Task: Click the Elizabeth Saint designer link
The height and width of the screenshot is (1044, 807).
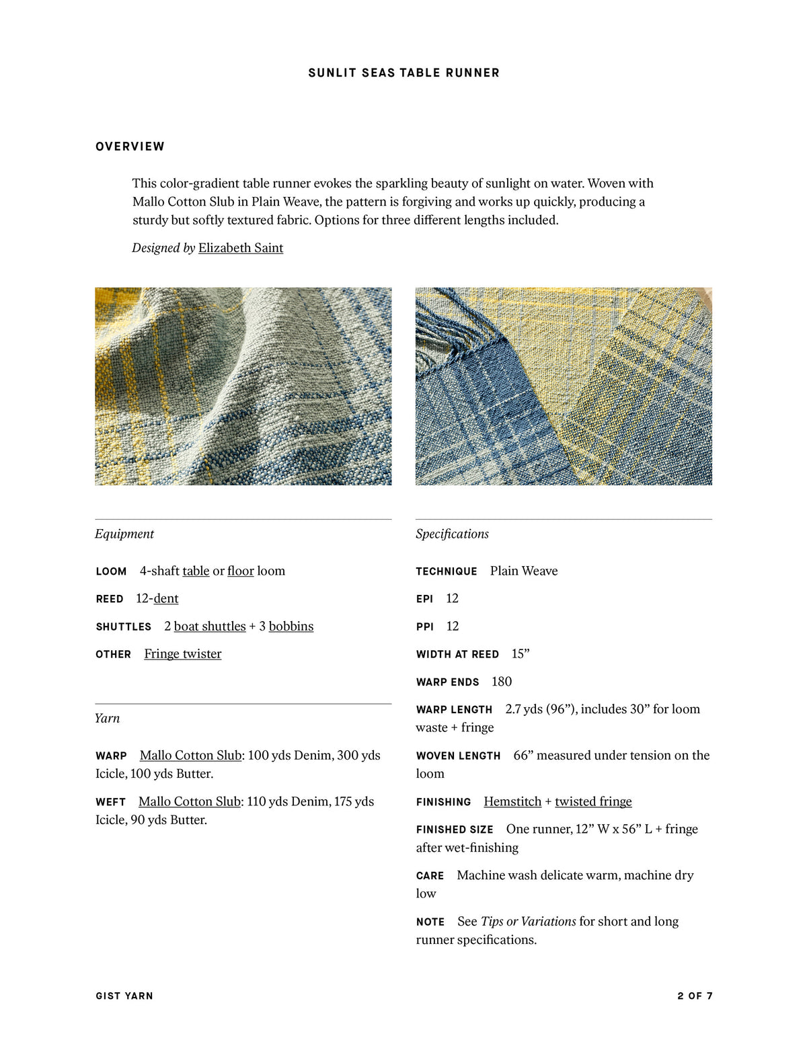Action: [x=240, y=248]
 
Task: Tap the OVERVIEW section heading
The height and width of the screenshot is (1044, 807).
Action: [x=130, y=147]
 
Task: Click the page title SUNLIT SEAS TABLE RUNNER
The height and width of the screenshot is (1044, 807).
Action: [x=403, y=73]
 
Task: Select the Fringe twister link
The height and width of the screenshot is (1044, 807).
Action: [x=182, y=654]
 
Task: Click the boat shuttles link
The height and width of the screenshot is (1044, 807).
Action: [x=210, y=627]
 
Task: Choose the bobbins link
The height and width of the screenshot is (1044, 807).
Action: [x=291, y=627]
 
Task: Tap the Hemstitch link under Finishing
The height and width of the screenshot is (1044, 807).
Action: [x=512, y=802]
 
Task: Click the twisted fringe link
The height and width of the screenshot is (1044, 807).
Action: [x=593, y=802]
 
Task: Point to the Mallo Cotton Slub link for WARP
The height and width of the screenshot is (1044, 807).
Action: [x=190, y=756]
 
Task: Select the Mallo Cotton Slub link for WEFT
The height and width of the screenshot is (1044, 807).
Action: [x=189, y=802]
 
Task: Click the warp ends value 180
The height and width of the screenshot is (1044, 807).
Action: [x=502, y=682]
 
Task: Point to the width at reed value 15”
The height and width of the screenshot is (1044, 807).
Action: [x=521, y=654]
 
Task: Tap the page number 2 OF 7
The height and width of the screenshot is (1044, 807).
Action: [x=695, y=996]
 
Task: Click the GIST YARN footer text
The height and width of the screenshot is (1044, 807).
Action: [x=124, y=996]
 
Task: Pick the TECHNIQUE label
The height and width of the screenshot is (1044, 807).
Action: [x=447, y=571]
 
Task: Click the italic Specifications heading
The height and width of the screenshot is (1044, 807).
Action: [x=452, y=534]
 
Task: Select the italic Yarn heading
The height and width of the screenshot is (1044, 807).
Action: [x=108, y=719]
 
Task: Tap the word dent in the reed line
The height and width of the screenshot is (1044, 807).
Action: [x=166, y=599]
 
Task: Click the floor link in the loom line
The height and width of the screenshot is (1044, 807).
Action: [x=241, y=571]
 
